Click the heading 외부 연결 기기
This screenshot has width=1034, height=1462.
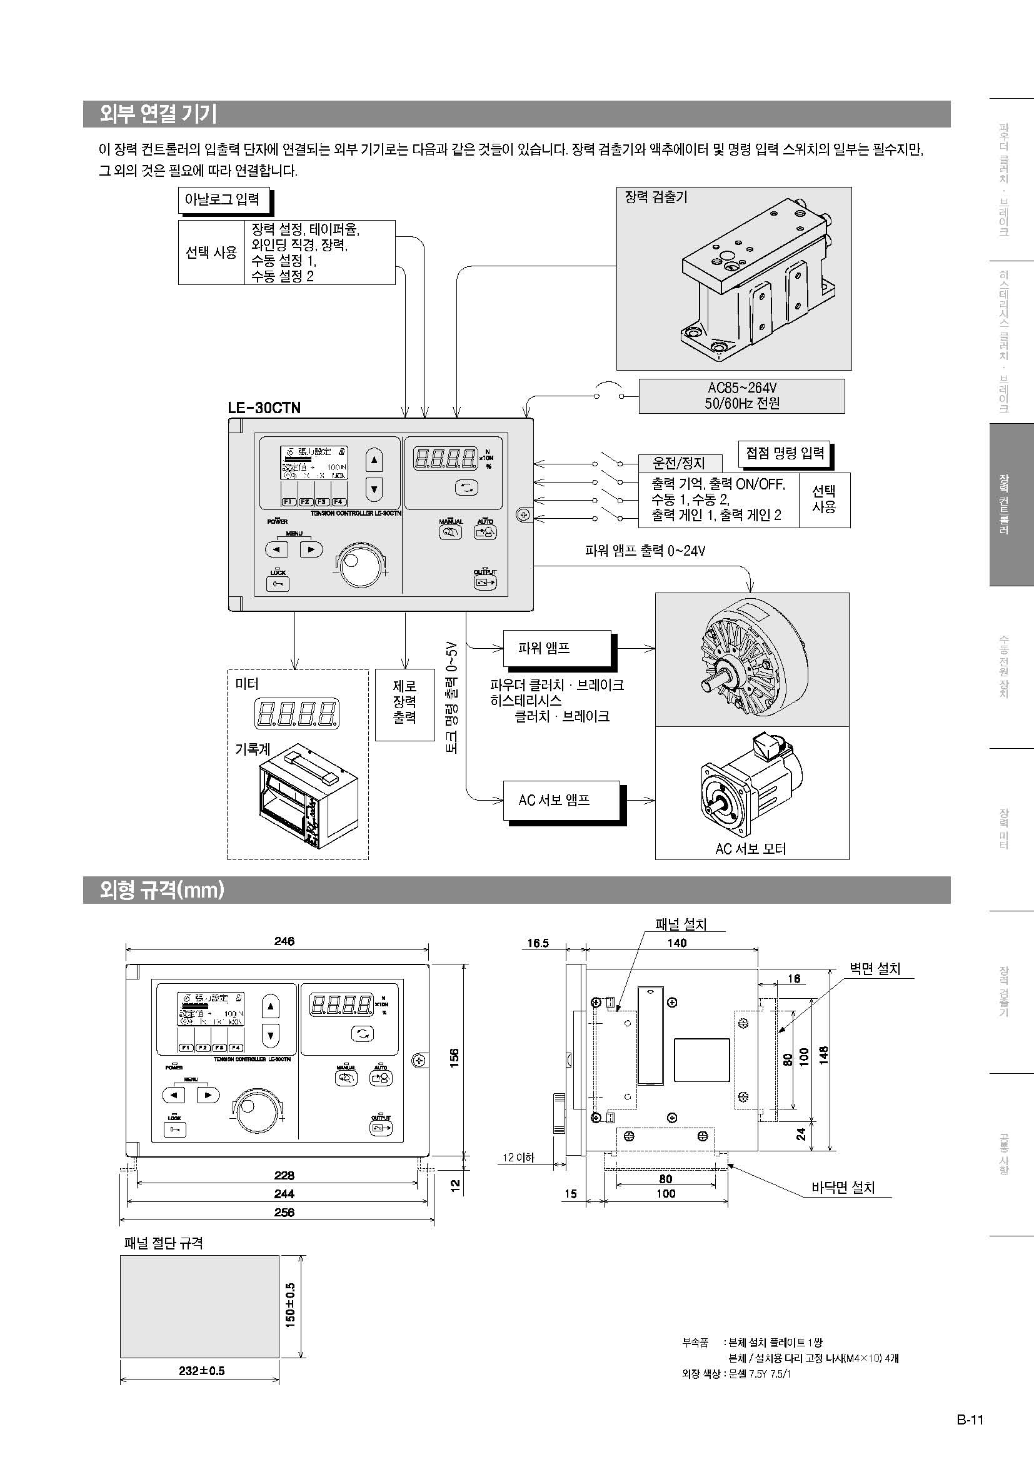pos(158,114)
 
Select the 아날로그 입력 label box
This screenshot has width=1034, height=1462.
pos(222,199)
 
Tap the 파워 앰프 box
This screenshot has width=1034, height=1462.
pos(557,648)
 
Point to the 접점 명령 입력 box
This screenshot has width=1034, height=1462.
pos(785,453)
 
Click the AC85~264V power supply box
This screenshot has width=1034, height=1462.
pos(741,396)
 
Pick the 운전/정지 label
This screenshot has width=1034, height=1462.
pos(680,463)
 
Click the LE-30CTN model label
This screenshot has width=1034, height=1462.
pos(264,408)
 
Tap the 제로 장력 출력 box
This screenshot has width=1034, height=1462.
pos(404,702)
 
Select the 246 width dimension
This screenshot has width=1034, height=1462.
pos(284,941)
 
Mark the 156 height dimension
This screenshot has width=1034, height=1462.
pos(454,1058)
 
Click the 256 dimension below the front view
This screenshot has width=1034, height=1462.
pos(284,1212)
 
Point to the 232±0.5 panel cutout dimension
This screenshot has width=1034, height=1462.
pos(201,1371)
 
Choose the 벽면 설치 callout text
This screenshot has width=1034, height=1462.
pos(875,968)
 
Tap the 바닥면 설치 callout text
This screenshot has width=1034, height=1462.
pos(843,1188)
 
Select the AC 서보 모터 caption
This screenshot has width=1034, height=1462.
pos(751,849)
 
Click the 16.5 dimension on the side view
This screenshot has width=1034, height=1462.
pos(538,943)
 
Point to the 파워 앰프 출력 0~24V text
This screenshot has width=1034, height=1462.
pos(645,551)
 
